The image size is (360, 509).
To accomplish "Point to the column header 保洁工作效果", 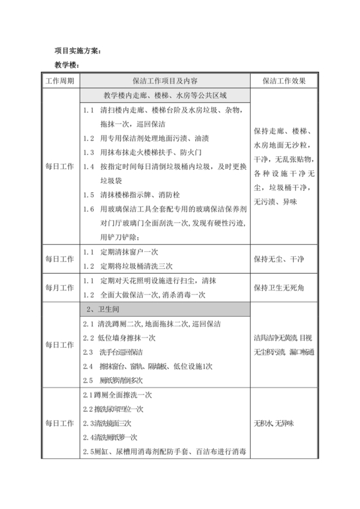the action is (280, 81).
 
